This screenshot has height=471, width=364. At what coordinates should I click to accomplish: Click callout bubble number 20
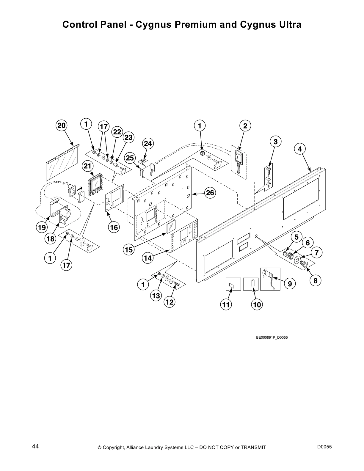click(61, 125)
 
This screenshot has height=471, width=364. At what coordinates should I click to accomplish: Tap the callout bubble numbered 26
click(210, 193)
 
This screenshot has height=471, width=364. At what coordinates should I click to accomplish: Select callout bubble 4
click(300, 149)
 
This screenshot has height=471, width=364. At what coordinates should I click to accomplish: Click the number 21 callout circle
click(87, 167)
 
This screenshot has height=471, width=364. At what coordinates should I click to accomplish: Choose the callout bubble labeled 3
click(276, 142)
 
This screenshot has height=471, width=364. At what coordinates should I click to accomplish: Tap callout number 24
click(148, 144)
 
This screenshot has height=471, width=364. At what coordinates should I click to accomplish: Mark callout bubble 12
click(170, 302)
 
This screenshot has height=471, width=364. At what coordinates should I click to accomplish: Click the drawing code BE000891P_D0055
click(272, 337)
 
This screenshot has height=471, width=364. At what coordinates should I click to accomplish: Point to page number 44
click(35, 446)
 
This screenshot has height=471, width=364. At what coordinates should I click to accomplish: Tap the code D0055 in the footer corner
click(324, 447)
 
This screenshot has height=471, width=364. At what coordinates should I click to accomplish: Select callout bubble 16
click(113, 228)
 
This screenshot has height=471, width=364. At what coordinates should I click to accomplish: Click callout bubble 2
click(245, 126)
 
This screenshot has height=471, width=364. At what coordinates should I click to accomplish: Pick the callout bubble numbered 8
click(315, 281)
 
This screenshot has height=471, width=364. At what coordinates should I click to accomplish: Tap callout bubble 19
click(42, 228)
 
